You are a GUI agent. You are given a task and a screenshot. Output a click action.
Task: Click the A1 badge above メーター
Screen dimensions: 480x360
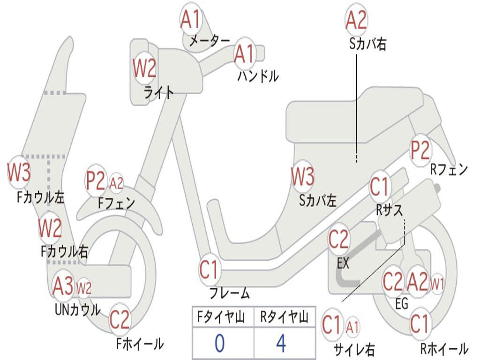[190, 20]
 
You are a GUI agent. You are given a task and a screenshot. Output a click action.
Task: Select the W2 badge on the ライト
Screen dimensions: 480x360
[144, 69]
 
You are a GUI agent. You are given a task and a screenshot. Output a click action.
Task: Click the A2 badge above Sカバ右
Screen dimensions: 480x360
[356, 20]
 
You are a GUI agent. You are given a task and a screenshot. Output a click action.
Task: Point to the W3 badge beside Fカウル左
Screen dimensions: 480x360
[19, 172]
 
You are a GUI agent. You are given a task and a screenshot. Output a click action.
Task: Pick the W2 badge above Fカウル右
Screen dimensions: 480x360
[50, 228]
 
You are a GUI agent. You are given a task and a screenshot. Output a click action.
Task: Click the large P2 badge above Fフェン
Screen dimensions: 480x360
[96, 181]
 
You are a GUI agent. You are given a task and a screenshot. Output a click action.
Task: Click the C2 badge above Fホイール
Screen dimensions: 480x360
[120, 320]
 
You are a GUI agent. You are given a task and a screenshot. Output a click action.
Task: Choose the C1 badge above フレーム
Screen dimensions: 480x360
[210, 270]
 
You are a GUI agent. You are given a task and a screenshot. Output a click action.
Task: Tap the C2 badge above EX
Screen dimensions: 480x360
[338, 240]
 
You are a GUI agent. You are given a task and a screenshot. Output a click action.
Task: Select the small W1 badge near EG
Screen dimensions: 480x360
[437, 284]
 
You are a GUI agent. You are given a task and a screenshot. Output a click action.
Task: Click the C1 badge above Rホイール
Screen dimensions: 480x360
[420, 323]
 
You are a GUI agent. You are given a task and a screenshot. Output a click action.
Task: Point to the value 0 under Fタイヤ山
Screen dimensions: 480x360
[219, 344]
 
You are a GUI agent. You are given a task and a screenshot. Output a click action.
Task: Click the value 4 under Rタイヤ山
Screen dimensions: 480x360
[281, 344]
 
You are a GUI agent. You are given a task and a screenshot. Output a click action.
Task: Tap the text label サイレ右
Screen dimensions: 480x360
[354, 349]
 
